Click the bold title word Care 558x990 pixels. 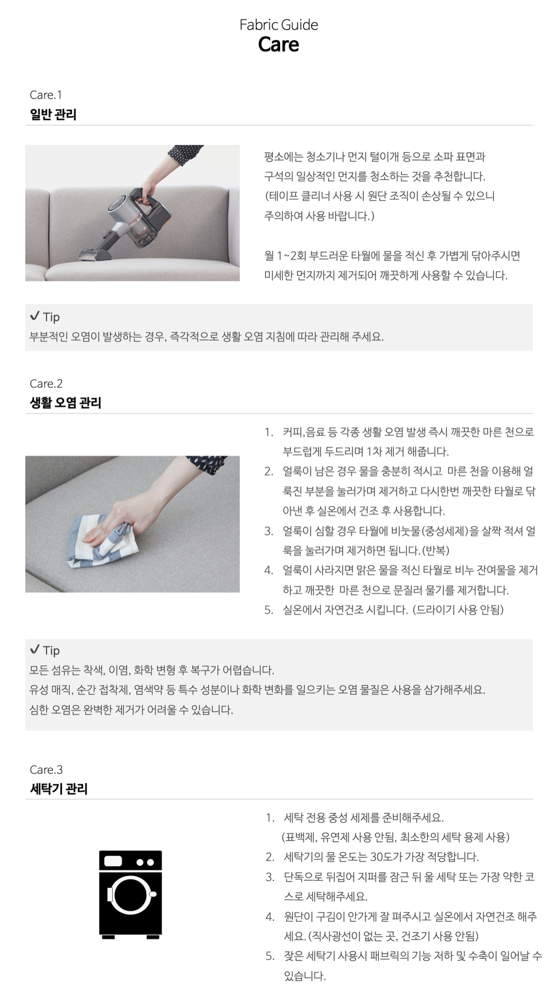(278, 45)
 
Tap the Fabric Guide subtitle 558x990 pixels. (278, 25)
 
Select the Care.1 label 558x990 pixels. (46, 95)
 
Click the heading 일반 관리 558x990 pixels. (53, 114)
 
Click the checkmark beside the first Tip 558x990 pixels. (35, 316)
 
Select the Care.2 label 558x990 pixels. (46, 384)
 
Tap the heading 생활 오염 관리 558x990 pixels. (65, 402)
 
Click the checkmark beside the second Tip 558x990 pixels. (35, 649)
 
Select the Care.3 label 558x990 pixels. (46, 770)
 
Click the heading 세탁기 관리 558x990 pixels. (59, 789)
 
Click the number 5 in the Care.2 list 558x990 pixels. (268, 610)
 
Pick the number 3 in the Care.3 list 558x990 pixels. (270, 877)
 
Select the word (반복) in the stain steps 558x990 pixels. (435, 551)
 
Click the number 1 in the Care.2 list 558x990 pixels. (268, 432)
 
